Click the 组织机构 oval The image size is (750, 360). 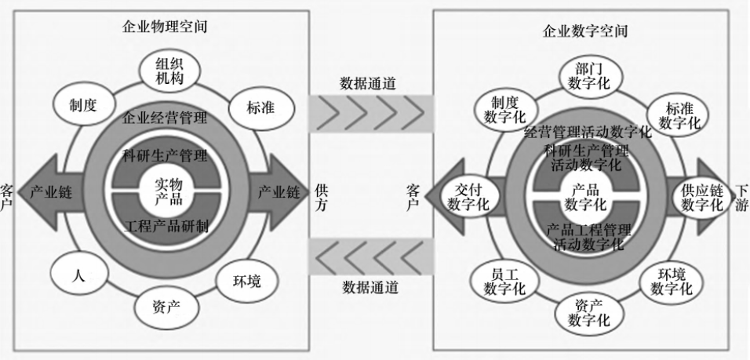click(169, 71)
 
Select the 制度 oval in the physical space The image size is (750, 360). click(84, 105)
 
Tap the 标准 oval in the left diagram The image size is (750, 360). click(260, 108)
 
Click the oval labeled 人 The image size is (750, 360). click(79, 274)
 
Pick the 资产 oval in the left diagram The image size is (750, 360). click(166, 307)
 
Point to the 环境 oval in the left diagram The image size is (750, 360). click(247, 281)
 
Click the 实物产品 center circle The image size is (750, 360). click(169, 191)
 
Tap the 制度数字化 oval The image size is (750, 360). click(504, 110)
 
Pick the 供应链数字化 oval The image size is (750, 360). click(702, 198)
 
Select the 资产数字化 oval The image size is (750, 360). click(589, 313)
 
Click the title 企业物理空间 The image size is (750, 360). click(165, 27)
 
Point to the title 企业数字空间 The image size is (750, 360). click(585, 31)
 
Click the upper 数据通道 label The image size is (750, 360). click(368, 83)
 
